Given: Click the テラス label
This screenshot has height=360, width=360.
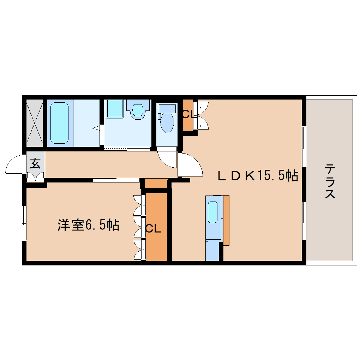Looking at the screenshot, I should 330,181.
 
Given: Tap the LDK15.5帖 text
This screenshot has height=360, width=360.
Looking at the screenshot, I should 258,175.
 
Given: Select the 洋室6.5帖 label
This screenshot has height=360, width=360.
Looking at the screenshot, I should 88,225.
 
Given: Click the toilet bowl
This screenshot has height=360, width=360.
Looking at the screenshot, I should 167,123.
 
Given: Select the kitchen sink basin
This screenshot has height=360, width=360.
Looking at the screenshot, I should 212,212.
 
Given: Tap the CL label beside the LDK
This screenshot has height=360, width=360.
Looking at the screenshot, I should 187,114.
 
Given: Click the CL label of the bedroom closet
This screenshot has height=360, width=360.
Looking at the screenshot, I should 153,229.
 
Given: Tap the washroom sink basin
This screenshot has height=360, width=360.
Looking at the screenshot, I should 138,109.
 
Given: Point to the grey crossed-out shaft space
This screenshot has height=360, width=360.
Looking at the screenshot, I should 35,122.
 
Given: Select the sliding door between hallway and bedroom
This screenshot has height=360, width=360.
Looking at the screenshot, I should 116,180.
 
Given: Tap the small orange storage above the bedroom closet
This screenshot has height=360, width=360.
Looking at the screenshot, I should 156,184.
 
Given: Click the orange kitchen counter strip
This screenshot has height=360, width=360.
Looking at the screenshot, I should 226,220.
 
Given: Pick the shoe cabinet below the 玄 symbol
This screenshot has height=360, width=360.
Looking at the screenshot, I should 36,177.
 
